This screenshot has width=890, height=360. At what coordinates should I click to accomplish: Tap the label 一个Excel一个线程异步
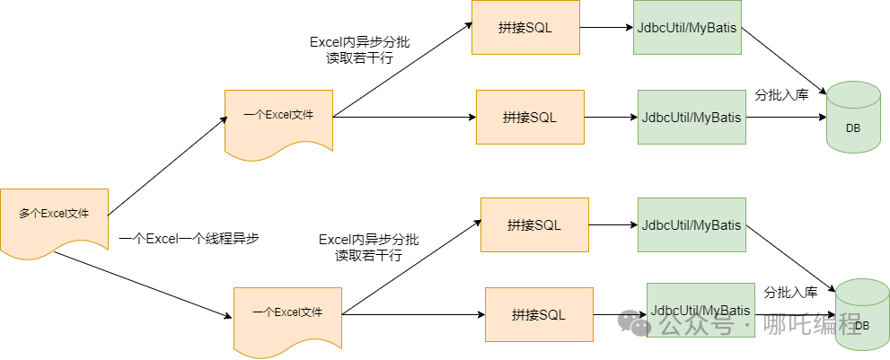[x=189, y=239]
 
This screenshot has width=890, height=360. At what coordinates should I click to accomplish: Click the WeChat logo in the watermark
[x=635, y=322]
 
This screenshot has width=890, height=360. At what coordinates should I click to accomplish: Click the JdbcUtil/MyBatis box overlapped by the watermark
[x=701, y=310]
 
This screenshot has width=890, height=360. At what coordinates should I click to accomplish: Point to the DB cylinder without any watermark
[x=853, y=117]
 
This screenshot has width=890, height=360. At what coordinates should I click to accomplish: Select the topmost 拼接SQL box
[x=525, y=27]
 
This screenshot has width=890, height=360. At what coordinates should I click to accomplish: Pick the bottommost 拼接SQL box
[x=539, y=314]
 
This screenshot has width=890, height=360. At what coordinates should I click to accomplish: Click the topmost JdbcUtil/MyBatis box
[x=687, y=27]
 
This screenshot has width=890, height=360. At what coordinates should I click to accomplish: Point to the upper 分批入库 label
[x=781, y=95]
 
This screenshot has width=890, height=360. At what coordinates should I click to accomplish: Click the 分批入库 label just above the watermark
[x=790, y=293]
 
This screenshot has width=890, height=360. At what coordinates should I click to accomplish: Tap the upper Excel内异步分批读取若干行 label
[x=360, y=50]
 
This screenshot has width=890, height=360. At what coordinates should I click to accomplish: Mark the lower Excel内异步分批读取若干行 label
[x=369, y=248]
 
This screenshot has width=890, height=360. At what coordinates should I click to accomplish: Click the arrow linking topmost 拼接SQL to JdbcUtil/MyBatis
[x=606, y=27]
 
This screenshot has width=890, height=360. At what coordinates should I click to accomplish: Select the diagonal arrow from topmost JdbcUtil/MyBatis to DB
[x=784, y=62]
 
